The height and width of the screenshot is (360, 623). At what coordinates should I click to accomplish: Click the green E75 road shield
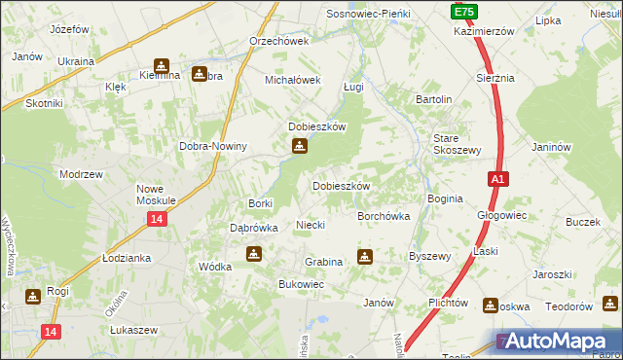pyautogui.click(x=463, y=11)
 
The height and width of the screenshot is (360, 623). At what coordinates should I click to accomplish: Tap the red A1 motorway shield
pyautogui.click(x=497, y=179)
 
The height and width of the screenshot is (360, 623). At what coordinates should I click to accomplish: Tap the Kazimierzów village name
pyautogui.click(x=484, y=31)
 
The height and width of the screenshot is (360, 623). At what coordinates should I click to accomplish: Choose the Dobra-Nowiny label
pyautogui.click(x=213, y=146)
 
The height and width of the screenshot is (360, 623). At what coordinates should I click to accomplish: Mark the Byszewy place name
pyautogui.click(x=429, y=256)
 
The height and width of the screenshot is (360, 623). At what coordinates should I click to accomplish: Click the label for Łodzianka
pyautogui.click(x=127, y=258)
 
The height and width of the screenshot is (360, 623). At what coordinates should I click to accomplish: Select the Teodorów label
pyautogui.click(x=569, y=306)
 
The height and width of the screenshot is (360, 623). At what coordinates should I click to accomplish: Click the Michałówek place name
pyautogui.click(x=293, y=80)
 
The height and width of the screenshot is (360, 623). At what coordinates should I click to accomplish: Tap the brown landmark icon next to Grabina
pyautogui.click(x=365, y=257)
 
